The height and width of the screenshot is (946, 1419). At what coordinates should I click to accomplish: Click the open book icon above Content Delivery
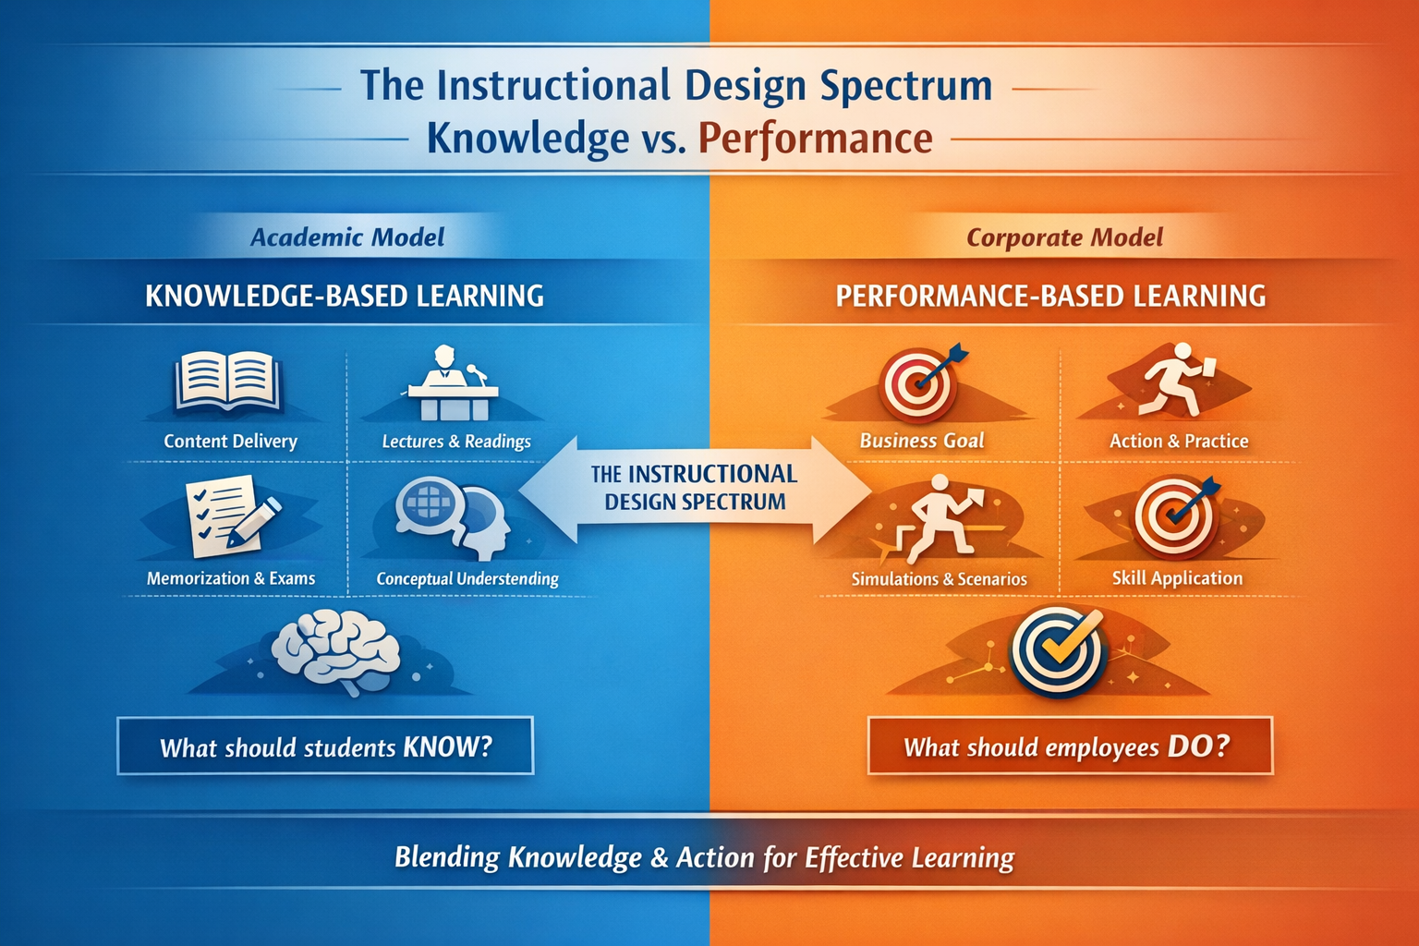coord(227,381)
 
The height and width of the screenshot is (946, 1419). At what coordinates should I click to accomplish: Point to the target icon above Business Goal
coord(920,382)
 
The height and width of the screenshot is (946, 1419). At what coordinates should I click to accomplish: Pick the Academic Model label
coord(347,237)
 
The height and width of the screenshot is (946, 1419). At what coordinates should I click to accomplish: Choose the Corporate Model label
coord(1064,237)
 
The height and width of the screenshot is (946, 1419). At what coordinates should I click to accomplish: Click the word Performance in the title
coord(815,139)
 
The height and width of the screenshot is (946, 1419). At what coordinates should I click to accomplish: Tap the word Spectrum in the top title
coord(905,85)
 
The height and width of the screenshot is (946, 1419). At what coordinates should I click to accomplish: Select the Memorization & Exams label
coord(231,578)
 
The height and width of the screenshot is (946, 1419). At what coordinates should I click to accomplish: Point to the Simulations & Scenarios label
coord(939,579)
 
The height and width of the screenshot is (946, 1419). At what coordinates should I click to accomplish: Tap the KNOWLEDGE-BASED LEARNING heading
coord(345,296)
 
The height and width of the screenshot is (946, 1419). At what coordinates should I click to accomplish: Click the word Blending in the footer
coord(446,857)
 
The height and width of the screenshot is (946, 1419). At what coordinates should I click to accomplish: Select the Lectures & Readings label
coord(456,442)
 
